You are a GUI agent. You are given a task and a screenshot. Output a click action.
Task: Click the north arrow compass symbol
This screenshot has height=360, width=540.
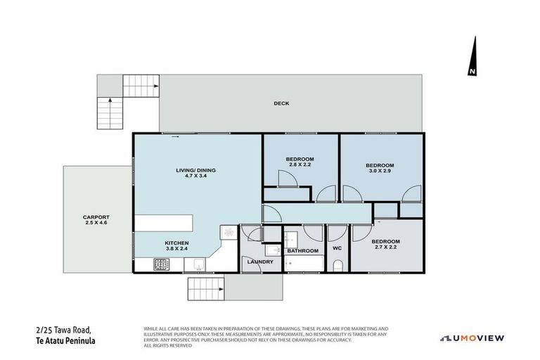pyautogui.click(x=472, y=58)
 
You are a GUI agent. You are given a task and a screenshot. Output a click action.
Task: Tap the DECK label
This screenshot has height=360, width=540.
pyautogui.click(x=281, y=103)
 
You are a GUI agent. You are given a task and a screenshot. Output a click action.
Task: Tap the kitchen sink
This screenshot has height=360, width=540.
pyautogui.click(x=197, y=264)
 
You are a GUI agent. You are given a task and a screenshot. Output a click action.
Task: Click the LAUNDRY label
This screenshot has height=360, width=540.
pyautogui.click(x=259, y=262)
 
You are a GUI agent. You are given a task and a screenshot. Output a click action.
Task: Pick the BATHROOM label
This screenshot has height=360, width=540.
pyautogui.click(x=302, y=250)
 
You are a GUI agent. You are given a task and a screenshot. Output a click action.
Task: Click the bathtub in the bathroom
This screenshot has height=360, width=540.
pyautogui.click(x=304, y=264)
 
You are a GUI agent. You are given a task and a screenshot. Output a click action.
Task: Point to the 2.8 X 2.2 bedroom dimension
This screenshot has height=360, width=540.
pyautogui.click(x=300, y=165)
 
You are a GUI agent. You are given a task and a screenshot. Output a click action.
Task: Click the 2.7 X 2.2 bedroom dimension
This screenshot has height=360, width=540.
pyautogui.click(x=386, y=247)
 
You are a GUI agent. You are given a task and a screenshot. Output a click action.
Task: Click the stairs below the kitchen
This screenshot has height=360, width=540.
pyautogui.click(x=205, y=287)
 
